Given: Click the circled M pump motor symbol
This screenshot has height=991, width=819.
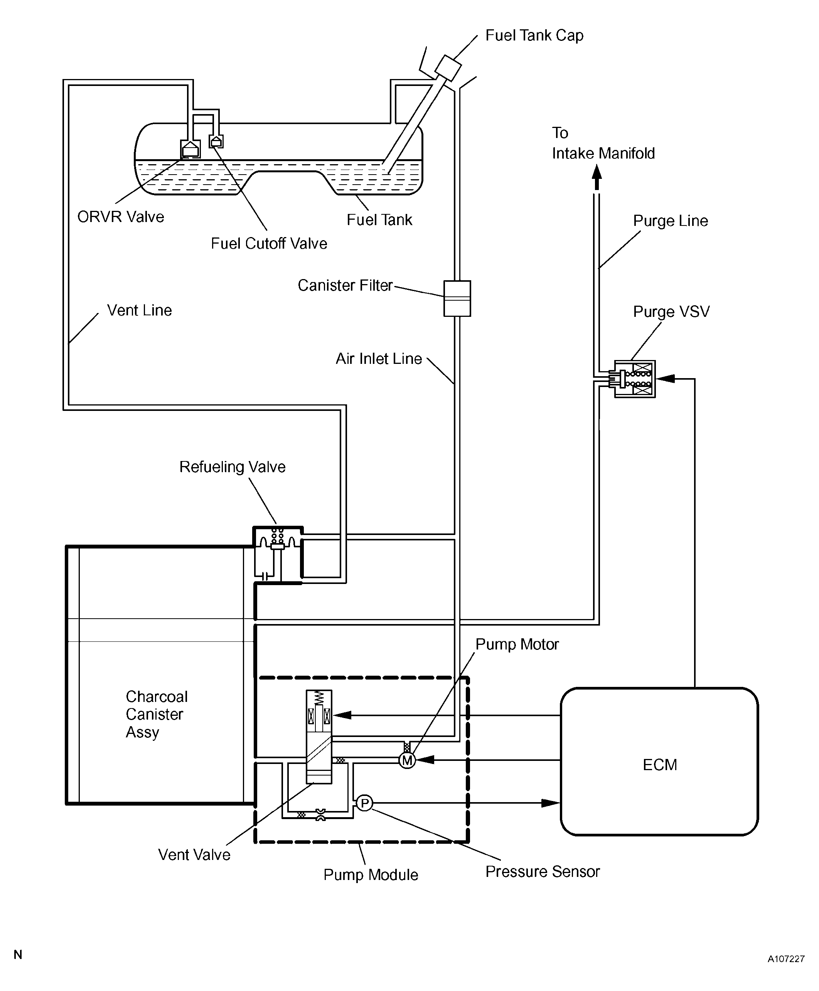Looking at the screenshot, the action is click(407, 760).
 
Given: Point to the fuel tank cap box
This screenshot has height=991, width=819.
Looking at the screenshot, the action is click(448, 68).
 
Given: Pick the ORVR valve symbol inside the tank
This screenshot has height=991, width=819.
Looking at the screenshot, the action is click(190, 148).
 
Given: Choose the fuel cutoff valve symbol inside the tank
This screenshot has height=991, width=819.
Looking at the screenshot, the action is click(216, 141).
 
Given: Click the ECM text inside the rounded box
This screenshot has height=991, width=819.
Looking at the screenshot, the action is click(659, 765).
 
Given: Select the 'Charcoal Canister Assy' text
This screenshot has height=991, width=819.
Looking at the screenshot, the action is click(156, 714).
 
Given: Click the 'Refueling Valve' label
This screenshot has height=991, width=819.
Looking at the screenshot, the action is click(232, 467).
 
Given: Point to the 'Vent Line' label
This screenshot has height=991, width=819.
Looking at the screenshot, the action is click(139, 310).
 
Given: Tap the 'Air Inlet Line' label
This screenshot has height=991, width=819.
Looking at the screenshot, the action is click(378, 359).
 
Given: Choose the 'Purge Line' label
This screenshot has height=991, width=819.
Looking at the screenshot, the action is click(671, 221).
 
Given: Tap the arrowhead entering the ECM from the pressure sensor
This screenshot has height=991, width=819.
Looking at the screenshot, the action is click(551, 803).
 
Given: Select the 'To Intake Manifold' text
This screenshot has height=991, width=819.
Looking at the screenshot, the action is click(603, 143).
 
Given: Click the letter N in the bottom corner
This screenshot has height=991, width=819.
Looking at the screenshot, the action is click(18, 955).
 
